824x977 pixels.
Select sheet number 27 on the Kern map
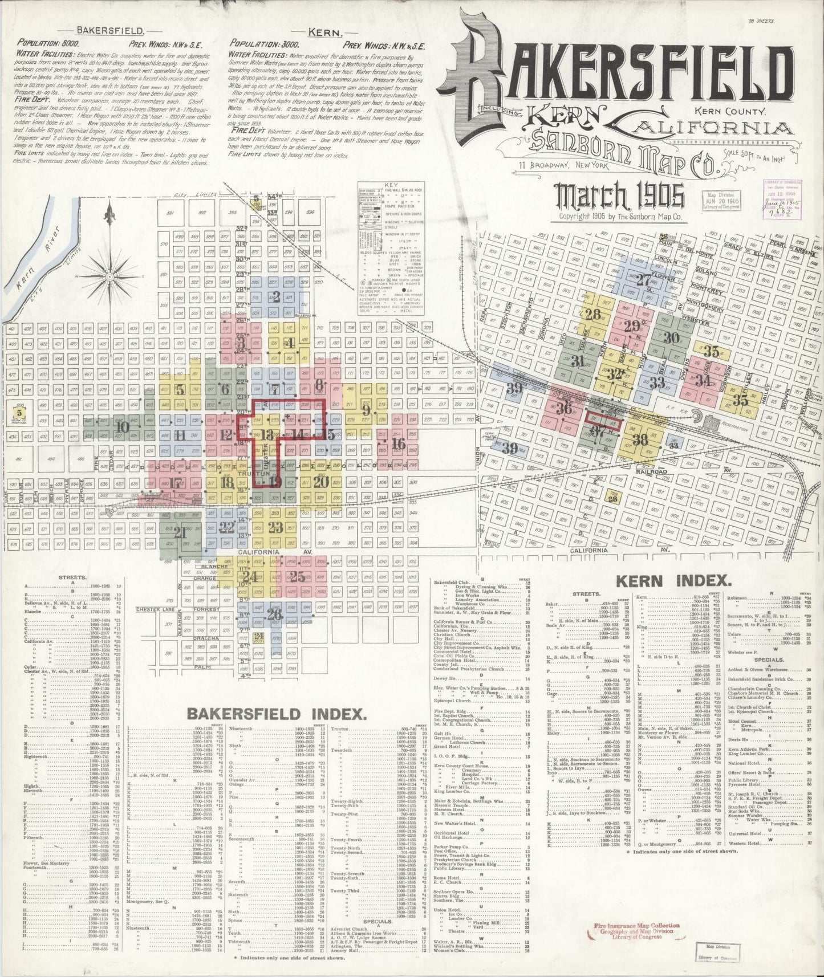(643, 280)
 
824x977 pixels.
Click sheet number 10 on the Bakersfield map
(121, 426)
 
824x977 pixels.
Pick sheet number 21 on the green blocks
(180, 534)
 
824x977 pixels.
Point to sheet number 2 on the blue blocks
(277, 296)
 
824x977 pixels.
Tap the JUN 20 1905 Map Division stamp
(723, 202)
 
